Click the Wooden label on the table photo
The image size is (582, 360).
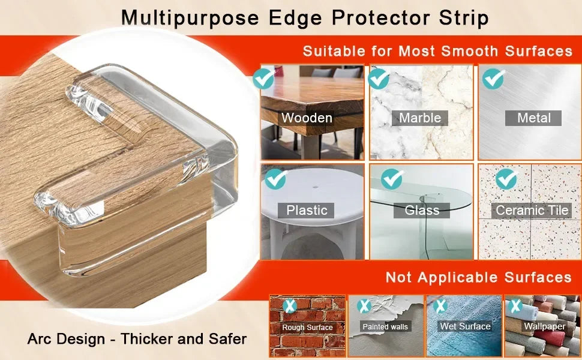coord(307,118)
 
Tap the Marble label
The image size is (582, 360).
coord(420,118)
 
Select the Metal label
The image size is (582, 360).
coord(533,118)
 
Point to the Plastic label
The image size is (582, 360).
coord(307,210)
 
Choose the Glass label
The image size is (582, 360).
coord(422,210)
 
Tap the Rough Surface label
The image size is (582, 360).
coord(307,328)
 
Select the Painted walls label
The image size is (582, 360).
coord(385,327)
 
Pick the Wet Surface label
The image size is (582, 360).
coord(466,326)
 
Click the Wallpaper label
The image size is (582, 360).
coord(545,326)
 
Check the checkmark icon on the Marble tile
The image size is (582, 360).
coord(379,79)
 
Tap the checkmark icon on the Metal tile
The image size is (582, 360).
coord(493,79)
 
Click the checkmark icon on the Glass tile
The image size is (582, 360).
coord(392,178)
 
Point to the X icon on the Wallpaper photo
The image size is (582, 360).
coord(515,306)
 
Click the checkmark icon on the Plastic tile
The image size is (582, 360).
coord(275,178)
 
